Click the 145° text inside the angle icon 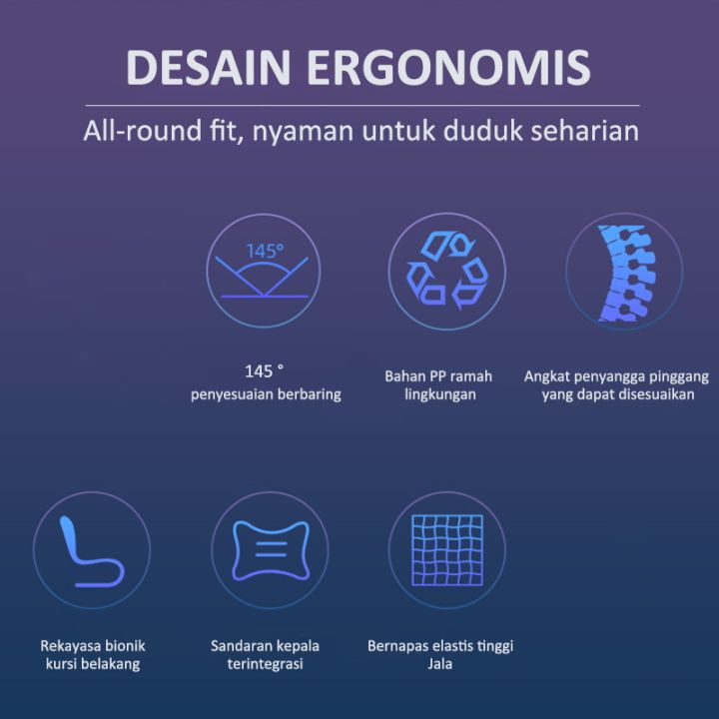coord(265,251)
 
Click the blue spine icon coord(625,272)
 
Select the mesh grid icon coord(447,549)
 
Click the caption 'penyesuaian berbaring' coord(266,394)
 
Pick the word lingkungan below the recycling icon coord(440,394)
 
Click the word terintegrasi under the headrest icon coord(265,664)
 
